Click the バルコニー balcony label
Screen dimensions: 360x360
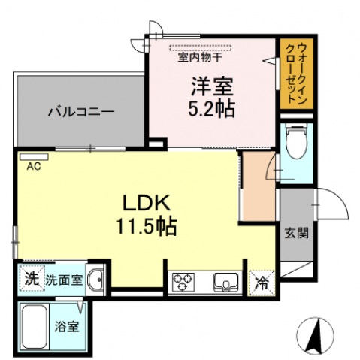(80, 113)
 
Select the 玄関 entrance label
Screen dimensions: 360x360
(295, 231)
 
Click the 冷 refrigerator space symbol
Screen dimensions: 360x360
(261, 283)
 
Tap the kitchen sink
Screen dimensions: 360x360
(225, 283)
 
